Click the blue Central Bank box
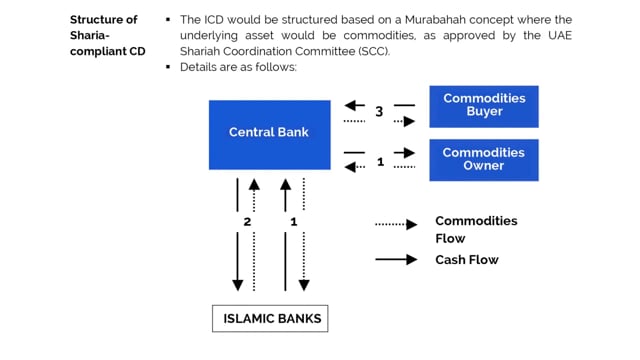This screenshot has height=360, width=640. [x=269, y=134]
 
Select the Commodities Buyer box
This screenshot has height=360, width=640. [x=483, y=106]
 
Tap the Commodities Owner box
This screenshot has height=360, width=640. [x=483, y=160]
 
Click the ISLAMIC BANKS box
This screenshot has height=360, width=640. [x=270, y=319]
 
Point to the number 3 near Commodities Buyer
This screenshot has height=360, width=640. [x=380, y=112]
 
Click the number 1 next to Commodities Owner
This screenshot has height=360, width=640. [x=380, y=161]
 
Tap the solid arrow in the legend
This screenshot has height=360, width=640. [x=396, y=260]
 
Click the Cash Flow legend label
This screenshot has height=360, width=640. [x=466, y=260]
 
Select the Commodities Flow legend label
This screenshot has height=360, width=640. [x=476, y=229]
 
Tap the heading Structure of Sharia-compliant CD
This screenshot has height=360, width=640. [x=103, y=35]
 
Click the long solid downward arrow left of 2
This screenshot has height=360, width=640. [x=238, y=235]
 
